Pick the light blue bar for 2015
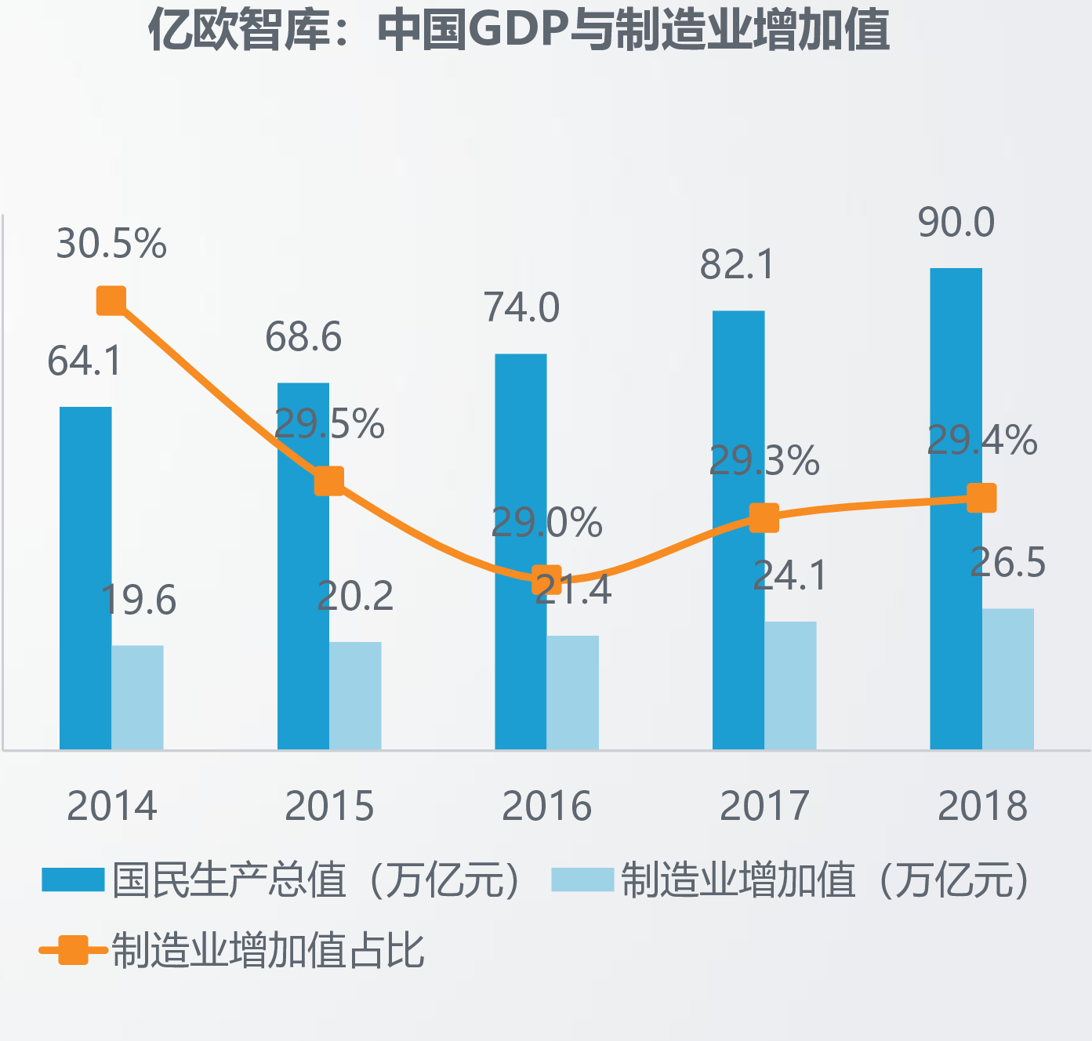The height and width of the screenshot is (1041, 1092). pyautogui.click(x=355, y=695)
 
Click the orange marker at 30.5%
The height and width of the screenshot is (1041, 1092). pyautogui.click(x=111, y=300)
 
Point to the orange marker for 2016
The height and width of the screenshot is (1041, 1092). pyautogui.click(x=546, y=581)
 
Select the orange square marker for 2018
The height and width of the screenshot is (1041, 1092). pyautogui.click(x=981, y=498)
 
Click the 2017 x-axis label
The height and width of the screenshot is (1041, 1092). pyautogui.click(x=764, y=806)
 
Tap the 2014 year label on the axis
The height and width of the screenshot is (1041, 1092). pyautogui.click(x=111, y=806)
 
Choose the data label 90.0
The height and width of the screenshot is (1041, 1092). pyautogui.click(x=956, y=223)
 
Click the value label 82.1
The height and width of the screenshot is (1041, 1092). pyautogui.click(x=737, y=264)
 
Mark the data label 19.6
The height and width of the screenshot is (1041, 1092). pyautogui.click(x=139, y=600)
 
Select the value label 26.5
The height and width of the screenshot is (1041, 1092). pyautogui.click(x=1007, y=563)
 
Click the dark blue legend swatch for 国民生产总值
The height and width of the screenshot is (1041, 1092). pyautogui.click(x=73, y=880)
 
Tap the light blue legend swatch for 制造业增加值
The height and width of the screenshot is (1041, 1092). pyautogui.click(x=582, y=880)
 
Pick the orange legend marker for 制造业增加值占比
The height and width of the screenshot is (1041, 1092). pyautogui.click(x=73, y=950)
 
